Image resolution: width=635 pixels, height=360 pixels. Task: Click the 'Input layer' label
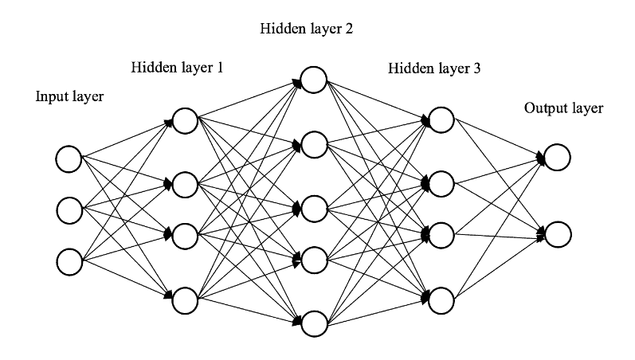pos(70,97)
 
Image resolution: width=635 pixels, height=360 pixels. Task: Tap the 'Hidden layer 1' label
pos(177,68)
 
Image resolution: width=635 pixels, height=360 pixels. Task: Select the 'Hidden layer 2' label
pos(306,29)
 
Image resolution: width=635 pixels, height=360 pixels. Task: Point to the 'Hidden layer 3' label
pos(434,68)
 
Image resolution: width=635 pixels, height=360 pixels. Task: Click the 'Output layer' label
pos(563,108)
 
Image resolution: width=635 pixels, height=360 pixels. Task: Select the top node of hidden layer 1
pos(185,121)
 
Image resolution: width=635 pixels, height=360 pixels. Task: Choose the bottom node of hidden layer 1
pos(185,301)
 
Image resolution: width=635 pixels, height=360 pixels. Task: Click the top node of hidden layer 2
pos(313,80)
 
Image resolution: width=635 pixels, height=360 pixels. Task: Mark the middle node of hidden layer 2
pos(313,208)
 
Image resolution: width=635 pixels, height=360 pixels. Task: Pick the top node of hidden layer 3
pos(441,120)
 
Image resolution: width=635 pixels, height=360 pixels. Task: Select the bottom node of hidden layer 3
pos(441,300)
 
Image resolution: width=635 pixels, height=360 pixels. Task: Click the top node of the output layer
pos(557,158)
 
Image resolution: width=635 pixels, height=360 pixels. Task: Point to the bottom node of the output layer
pos(557,234)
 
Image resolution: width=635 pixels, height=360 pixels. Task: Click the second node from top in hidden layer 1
pos(185,184)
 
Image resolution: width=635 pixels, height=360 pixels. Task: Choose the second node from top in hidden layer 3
pos(441,184)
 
